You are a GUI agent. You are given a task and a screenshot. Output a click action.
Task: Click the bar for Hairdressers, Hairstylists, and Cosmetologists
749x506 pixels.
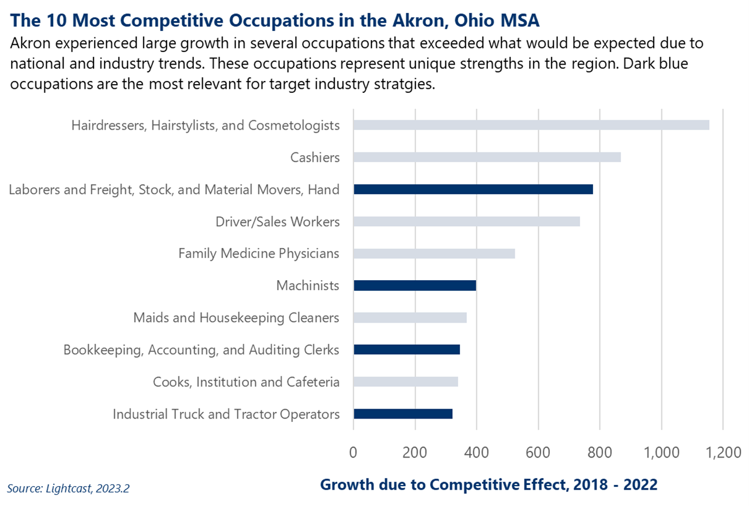pyautogui.click(x=531, y=125)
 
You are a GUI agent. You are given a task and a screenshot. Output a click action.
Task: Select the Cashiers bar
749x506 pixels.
pyautogui.click(x=487, y=157)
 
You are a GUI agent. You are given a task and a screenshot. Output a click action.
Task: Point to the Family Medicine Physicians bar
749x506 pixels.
pyautogui.click(x=434, y=253)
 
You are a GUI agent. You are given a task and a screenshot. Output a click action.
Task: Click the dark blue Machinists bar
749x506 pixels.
pyautogui.click(x=414, y=285)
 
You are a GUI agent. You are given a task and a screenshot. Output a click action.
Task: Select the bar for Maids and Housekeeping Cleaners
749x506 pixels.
pyautogui.click(x=410, y=317)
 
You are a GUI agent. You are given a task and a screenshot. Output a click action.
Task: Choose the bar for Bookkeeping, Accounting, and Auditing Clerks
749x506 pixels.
pyautogui.click(x=406, y=350)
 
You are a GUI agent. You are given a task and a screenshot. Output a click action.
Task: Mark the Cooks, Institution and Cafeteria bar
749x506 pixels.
pyautogui.click(x=405, y=382)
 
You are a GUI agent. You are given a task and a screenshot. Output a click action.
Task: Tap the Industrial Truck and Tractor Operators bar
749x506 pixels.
pyautogui.click(x=403, y=414)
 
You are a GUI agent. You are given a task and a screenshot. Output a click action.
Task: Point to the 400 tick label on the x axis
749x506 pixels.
pyautogui.click(x=477, y=452)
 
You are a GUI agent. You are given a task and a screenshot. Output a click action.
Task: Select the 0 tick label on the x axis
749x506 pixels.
pyautogui.click(x=353, y=452)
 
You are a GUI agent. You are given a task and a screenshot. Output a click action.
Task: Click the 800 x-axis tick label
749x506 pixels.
pyautogui.click(x=600, y=452)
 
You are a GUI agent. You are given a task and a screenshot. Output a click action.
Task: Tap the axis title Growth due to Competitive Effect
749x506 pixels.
pyautogui.click(x=489, y=484)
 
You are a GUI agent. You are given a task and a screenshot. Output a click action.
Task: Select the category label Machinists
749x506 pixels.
pyautogui.click(x=307, y=285)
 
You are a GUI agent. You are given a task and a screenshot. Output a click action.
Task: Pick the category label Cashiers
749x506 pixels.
pyautogui.click(x=314, y=157)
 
